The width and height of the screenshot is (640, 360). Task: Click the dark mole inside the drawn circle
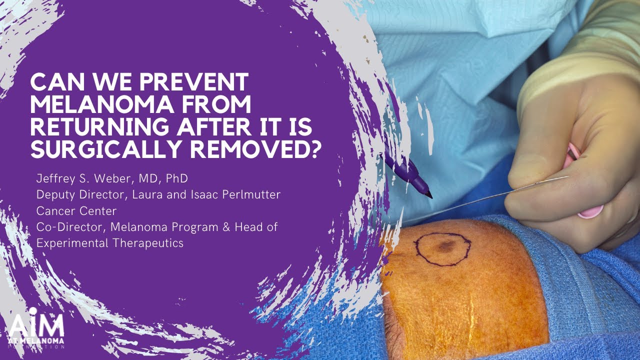[x=444, y=245]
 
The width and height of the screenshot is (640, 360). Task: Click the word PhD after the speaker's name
[x=176, y=178]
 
